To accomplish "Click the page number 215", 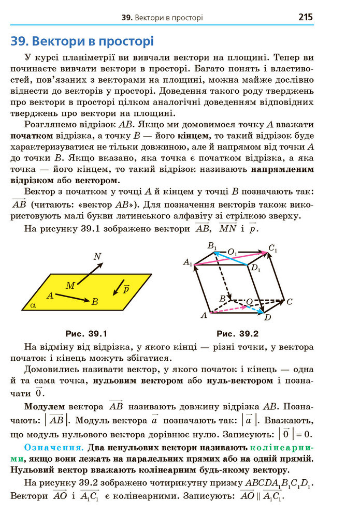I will [x=306, y=17].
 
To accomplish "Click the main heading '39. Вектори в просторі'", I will [x=82, y=41].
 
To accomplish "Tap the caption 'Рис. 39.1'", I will [x=87, y=333].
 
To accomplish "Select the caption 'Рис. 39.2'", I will [x=238, y=333].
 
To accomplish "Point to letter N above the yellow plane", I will [x=97, y=256].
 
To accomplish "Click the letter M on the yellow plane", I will [x=70, y=285].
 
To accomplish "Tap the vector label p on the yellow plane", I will [x=126, y=288].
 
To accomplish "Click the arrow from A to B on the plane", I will [x=73, y=298].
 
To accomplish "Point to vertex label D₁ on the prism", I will [x=255, y=269].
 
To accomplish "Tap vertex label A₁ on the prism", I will [x=188, y=263].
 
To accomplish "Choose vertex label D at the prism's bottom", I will [x=267, y=317].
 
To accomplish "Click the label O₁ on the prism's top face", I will [x=233, y=252].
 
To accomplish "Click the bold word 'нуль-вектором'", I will [x=239, y=381].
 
